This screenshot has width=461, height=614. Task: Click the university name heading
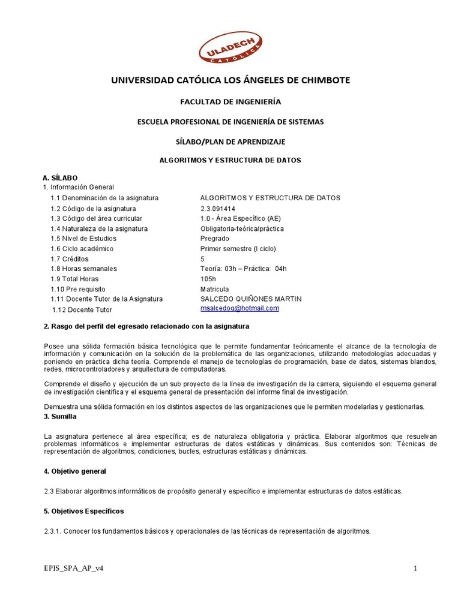pyautogui.click(x=230, y=80)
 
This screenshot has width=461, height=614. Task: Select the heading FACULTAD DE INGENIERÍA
pyautogui.click(x=230, y=102)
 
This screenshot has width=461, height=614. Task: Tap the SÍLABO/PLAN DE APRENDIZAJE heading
pyautogui.click(x=230, y=142)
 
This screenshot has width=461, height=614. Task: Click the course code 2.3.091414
pyautogui.click(x=219, y=208)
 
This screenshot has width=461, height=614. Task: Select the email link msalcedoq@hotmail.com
pyautogui.click(x=240, y=308)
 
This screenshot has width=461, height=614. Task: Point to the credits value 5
pyautogui.click(x=202, y=259)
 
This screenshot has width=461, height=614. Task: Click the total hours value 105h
pyautogui.click(x=208, y=279)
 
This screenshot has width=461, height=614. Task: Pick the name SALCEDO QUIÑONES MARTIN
pyautogui.click(x=251, y=299)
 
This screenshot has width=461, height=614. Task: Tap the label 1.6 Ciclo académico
pyautogui.click(x=82, y=249)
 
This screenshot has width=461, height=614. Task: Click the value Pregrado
pyautogui.click(x=214, y=239)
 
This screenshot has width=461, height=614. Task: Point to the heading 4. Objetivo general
pyautogui.click(x=75, y=471)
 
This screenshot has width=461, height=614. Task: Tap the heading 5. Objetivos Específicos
pyautogui.click(x=83, y=511)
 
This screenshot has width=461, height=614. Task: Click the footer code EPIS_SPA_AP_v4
pyautogui.click(x=76, y=568)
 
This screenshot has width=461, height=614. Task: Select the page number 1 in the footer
pyautogui.click(x=415, y=568)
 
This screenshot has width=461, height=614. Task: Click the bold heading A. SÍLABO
pyautogui.click(x=60, y=178)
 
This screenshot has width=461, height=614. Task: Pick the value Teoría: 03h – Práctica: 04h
pyautogui.click(x=243, y=269)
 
